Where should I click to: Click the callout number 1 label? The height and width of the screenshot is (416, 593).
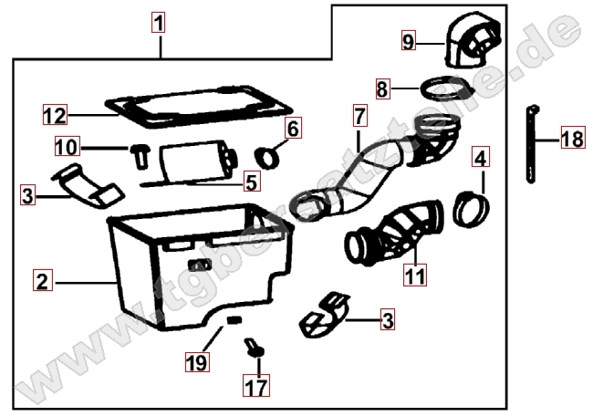pos(159,22)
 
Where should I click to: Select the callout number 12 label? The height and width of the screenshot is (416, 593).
pos(56,114)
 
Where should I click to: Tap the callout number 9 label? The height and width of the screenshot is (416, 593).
pos(409,41)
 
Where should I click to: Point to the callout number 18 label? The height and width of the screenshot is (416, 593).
pos(573,137)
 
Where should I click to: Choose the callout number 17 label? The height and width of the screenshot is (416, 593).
pos(256,386)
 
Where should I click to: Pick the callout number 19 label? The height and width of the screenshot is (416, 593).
pos(197,361)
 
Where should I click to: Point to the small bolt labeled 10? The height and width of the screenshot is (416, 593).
pos(140,155)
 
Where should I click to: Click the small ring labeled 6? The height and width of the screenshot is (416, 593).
pos(267,157)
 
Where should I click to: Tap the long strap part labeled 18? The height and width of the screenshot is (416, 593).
pos(531,144)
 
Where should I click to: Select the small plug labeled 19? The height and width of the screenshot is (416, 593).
pos(234,320)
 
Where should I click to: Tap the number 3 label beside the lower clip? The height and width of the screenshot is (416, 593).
pos(388,320)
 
